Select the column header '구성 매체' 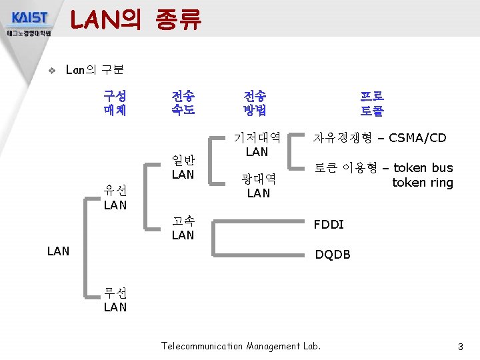pos(115,103)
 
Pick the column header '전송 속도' pos(183,103)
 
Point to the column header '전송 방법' pos(256,103)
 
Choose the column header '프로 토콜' pos(372,103)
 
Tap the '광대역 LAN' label pos(258,186)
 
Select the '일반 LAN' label pos(183,167)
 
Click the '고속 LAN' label pos(183,228)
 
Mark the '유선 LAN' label pos(115,198)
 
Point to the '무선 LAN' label pos(115,300)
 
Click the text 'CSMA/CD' pos(417,139)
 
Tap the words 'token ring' pos(422,183)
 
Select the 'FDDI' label pos(329,225)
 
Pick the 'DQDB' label pos(332,255)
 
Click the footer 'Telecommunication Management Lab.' pos(241,346)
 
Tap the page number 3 pos(460,347)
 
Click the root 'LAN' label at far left pos(59,251)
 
